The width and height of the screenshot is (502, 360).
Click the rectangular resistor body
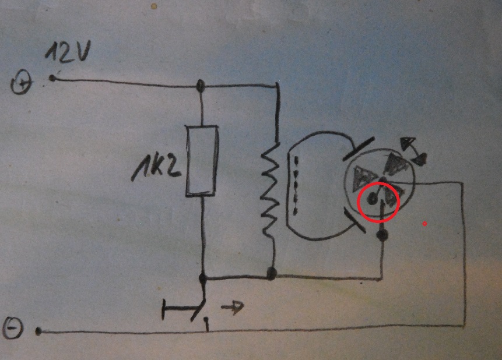(x=202, y=160)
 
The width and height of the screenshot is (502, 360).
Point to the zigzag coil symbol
(x=269, y=189)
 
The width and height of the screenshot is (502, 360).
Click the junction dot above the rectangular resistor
(x=201, y=86)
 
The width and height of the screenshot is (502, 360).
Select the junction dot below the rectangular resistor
(x=202, y=278)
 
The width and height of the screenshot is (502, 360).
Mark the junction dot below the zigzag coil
(x=271, y=273)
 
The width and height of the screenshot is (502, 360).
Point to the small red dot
(x=425, y=223)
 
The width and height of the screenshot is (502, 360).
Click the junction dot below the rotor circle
(x=382, y=236)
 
